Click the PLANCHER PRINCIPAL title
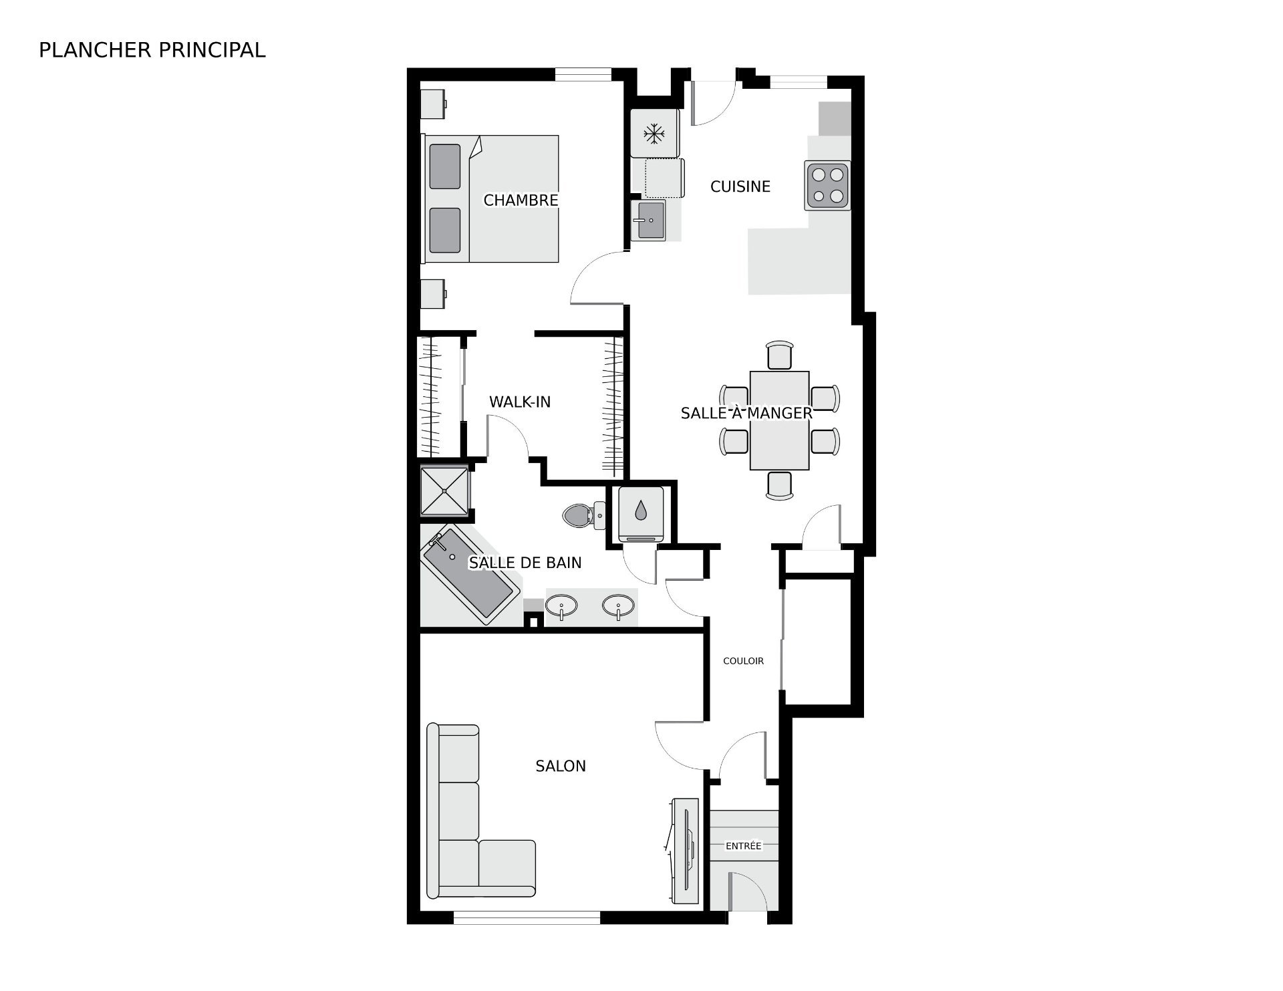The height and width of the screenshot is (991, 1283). [x=152, y=50]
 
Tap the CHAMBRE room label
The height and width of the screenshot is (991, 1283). [x=521, y=200]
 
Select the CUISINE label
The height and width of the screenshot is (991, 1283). [x=740, y=186]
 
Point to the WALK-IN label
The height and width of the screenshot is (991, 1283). [x=520, y=402]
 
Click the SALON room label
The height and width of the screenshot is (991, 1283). [x=561, y=766]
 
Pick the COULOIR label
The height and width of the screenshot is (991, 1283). [x=743, y=661]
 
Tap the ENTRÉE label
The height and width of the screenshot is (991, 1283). [x=744, y=845]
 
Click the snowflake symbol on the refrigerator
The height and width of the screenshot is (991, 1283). [x=654, y=134]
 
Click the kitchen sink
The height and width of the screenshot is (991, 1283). [x=648, y=220]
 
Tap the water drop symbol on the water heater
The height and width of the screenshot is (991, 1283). [x=641, y=511]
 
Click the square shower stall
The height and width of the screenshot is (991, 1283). [x=445, y=491]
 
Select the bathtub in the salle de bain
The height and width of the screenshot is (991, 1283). [x=470, y=577]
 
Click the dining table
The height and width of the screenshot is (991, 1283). [x=780, y=420]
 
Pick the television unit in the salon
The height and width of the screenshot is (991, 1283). [x=684, y=851]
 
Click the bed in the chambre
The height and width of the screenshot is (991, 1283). [x=490, y=198]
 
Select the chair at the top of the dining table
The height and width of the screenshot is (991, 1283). [x=780, y=355]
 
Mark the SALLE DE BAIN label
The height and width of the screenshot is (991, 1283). [x=525, y=563]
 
